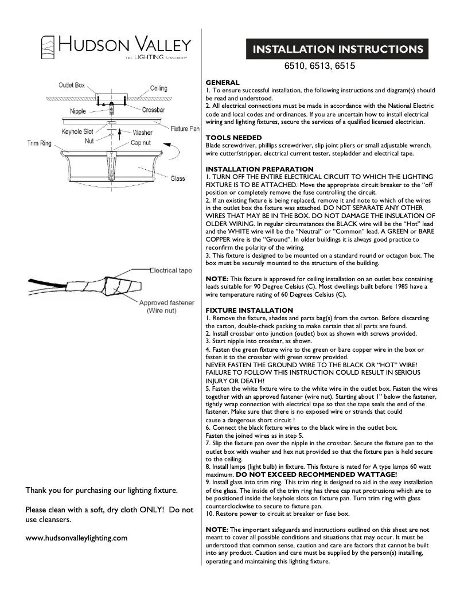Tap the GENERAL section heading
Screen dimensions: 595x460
pos(223,83)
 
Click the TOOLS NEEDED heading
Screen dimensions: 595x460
pos(233,138)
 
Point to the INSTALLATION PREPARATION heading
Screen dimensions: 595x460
pos(259,169)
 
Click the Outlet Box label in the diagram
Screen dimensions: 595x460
pos(71,85)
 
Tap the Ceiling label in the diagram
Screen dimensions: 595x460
pos(158,88)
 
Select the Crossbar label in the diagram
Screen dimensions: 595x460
pos(154,110)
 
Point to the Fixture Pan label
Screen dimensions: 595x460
pos(185,129)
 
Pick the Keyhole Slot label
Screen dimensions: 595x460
pos(77,131)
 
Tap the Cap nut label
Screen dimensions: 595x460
pos(141,142)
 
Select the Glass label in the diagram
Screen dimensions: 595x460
pos(177,179)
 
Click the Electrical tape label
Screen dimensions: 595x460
pos(171,270)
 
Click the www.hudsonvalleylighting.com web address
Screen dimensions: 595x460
pos(76,538)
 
